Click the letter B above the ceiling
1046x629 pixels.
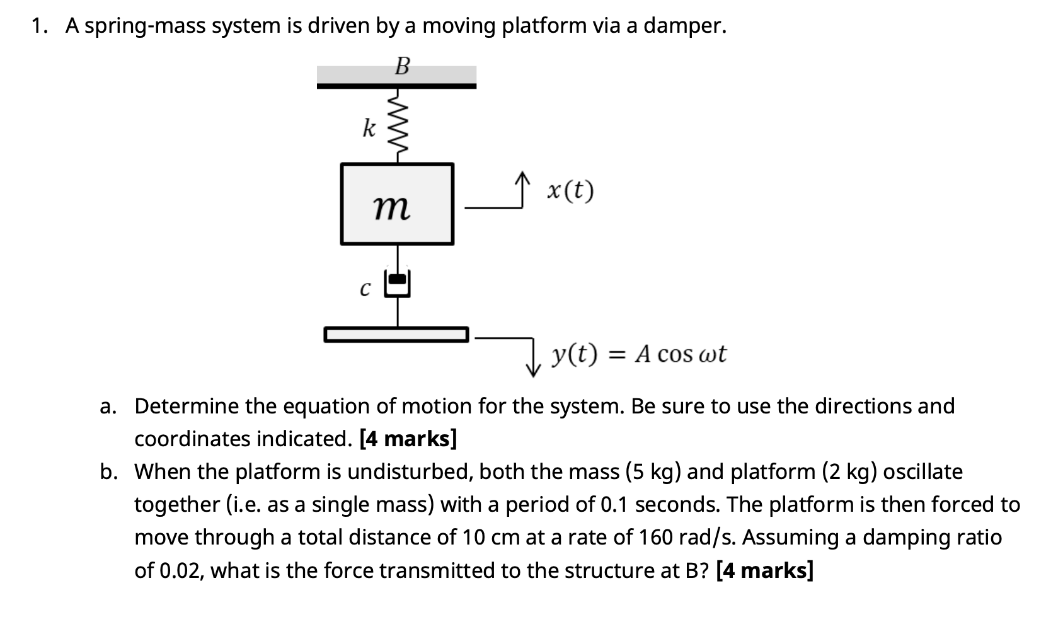point(402,66)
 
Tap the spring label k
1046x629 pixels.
point(369,129)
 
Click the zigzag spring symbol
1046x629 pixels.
point(397,126)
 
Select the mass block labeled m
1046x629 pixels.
point(397,204)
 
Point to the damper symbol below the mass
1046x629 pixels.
point(398,284)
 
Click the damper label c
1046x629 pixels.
point(364,289)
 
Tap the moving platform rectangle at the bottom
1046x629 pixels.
point(396,334)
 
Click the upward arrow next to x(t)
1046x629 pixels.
point(520,189)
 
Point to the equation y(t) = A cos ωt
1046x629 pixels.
point(638,354)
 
